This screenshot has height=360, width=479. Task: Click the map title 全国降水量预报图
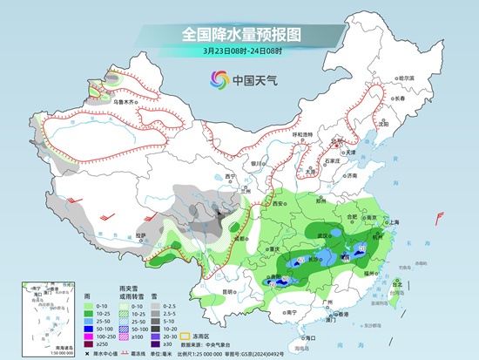pos(239,34)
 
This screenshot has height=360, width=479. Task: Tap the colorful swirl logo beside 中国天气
pos(215,80)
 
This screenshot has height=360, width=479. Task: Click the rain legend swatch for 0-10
pos(90,304)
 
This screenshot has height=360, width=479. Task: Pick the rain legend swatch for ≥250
pos(90,343)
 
